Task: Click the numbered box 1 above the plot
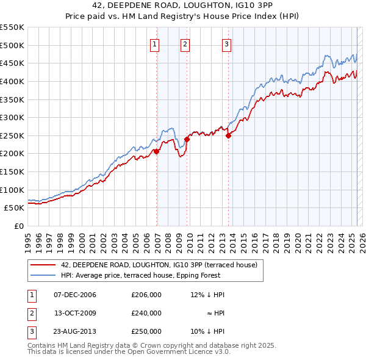coord(155,44)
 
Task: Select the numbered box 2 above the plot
coord(185,44)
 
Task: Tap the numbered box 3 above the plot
coord(226,44)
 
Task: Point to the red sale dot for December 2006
coord(156,151)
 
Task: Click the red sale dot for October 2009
coord(187,139)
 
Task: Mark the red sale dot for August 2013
coord(228,135)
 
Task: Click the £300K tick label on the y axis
coord(12,117)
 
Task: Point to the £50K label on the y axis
coord(15,208)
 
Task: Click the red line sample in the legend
coord(43,265)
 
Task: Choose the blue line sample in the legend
coord(43,275)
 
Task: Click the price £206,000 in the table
coord(146,295)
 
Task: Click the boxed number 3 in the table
coord(31,331)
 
